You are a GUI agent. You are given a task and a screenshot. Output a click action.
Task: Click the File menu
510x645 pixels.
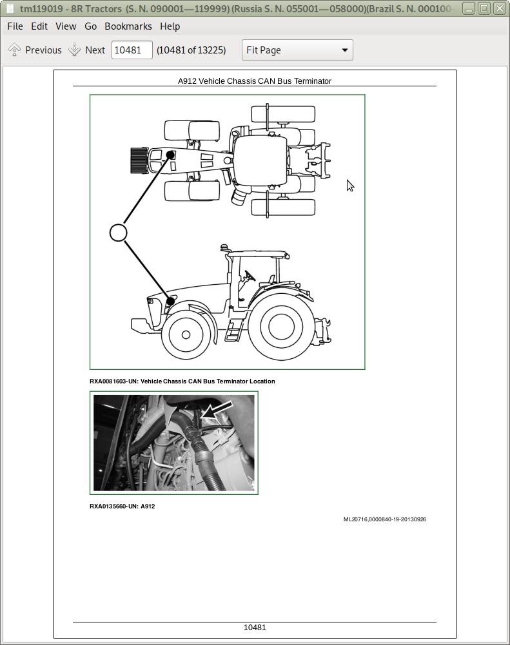coord(15,26)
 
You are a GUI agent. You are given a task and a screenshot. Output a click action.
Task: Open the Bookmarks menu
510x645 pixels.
coord(128,26)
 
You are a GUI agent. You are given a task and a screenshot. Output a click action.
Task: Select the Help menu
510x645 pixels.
coord(170,26)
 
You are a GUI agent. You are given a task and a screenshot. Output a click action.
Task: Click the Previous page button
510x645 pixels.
coord(35,50)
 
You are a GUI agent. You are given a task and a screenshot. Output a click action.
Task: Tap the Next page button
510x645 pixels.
coord(87,50)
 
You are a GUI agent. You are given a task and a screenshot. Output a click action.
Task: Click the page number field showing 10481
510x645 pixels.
coord(132,50)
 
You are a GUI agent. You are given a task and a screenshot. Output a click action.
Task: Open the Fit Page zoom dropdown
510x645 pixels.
coord(297,50)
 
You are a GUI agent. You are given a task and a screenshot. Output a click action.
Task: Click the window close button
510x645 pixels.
coord(498,8)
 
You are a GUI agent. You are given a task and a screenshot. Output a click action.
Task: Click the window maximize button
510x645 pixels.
coord(484,8)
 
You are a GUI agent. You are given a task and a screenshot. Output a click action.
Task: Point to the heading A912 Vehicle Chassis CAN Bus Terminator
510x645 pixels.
coord(254,81)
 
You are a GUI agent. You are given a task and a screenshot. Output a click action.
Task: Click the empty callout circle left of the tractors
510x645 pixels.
coord(118,232)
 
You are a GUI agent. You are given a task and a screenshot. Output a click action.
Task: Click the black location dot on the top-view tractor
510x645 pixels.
coord(171,155)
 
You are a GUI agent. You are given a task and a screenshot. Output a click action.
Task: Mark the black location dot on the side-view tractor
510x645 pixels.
coord(171,301)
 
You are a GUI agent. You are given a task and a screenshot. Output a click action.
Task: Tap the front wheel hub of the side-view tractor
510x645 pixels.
coord(186,335)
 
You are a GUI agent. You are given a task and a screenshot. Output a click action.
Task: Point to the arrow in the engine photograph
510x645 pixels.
coord(215,411)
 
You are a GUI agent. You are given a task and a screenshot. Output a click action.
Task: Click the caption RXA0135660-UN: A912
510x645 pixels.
coord(122,506)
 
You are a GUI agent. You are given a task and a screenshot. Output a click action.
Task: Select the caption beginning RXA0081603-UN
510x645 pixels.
coord(182,381)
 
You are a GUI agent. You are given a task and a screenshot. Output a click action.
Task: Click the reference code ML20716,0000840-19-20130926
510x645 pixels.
coord(384,519)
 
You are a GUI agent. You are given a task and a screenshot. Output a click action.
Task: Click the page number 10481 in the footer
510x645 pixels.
coord(255,628)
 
